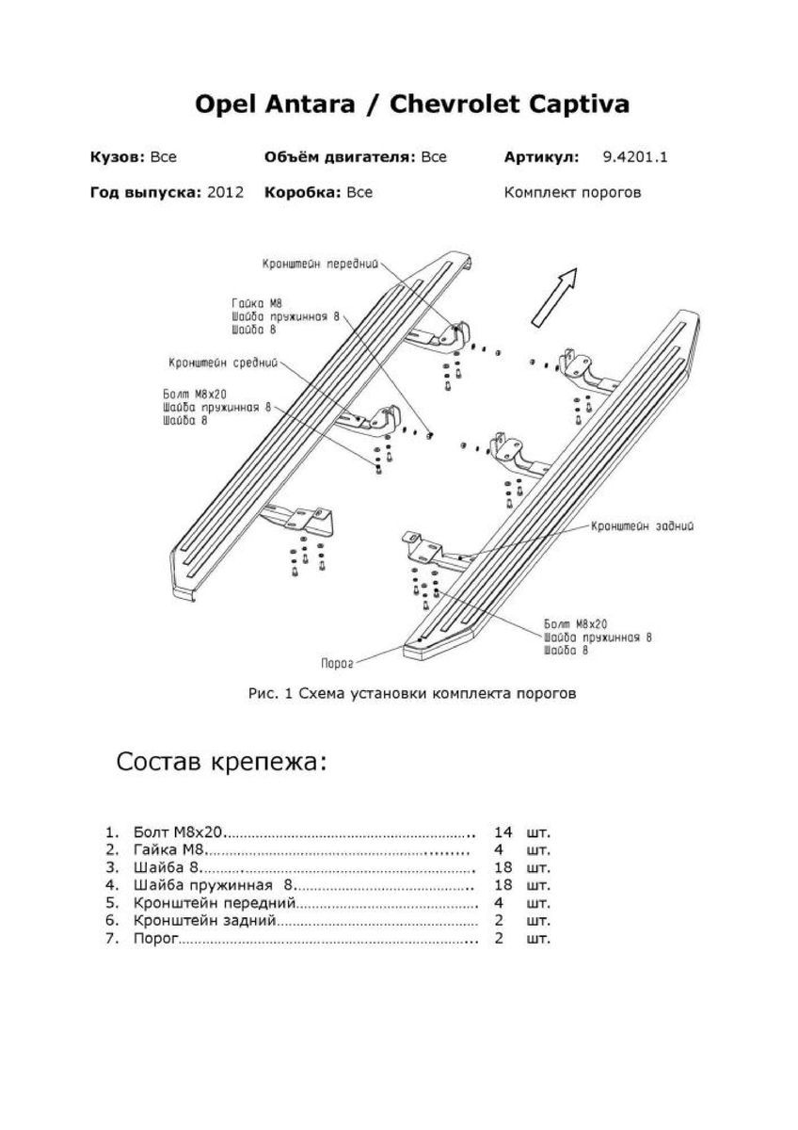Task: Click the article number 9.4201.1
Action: tap(635, 157)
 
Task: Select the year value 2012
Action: tap(225, 192)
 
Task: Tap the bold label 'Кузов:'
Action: tap(117, 157)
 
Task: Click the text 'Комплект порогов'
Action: tap(572, 192)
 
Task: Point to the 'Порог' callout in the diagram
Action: tap(336, 663)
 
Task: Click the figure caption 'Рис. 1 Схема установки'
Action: tap(411, 695)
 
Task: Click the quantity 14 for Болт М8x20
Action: tap(503, 833)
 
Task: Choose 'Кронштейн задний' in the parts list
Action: tap(204, 921)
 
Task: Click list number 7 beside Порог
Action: tap(111, 939)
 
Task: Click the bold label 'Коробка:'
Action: tap(303, 192)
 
